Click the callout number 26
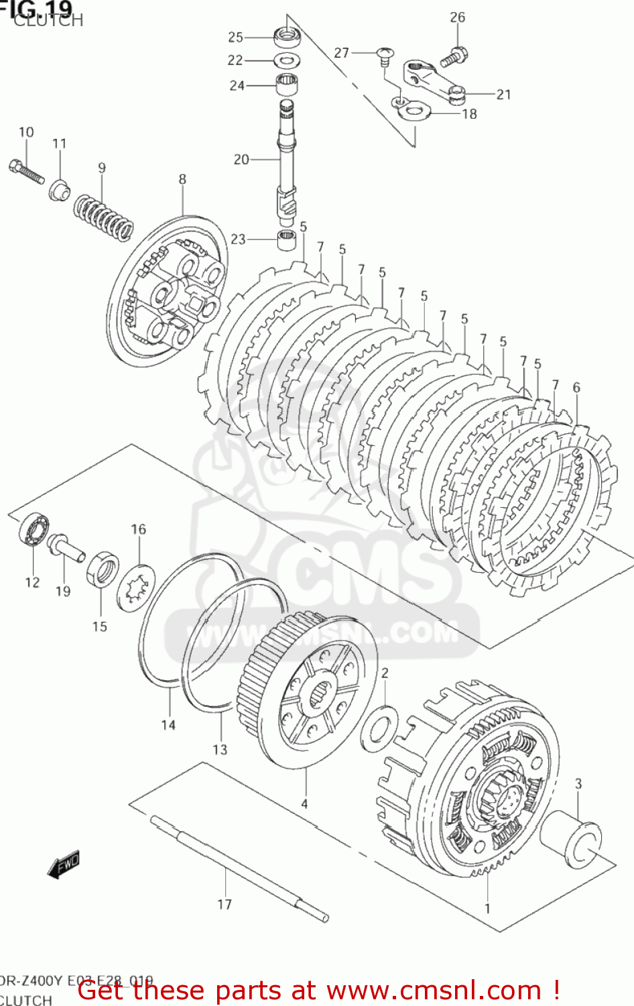click(x=457, y=17)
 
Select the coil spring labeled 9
click(x=103, y=216)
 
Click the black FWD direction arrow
click(x=64, y=864)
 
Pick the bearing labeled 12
click(x=34, y=530)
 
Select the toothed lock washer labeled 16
click(x=136, y=588)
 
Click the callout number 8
click(x=182, y=179)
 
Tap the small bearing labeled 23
click(x=287, y=239)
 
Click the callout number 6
click(x=576, y=387)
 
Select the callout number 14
click(x=168, y=724)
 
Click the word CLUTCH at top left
click(x=48, y=21)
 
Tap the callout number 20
click(x=241, y=160)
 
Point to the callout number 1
click(x=487, y=908)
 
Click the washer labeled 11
click(x=60, y=190)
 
